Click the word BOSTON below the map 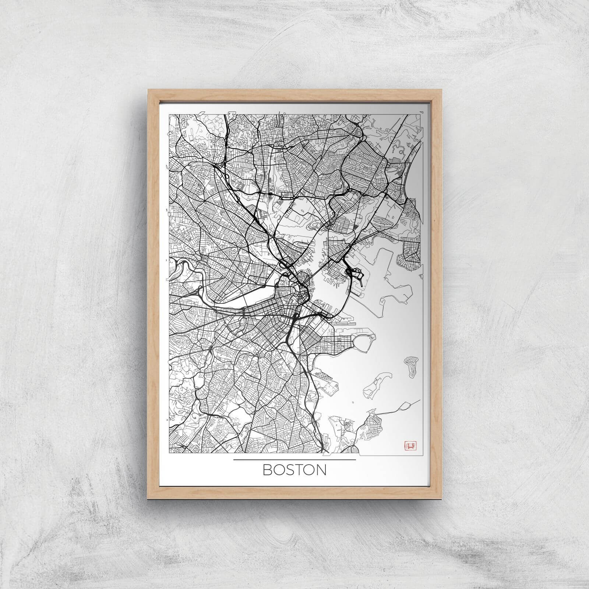coord(294,470)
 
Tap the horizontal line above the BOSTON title coord(294,460)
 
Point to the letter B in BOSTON coord(266,470)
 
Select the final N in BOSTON coord(321,470)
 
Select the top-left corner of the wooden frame coord(149,91)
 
